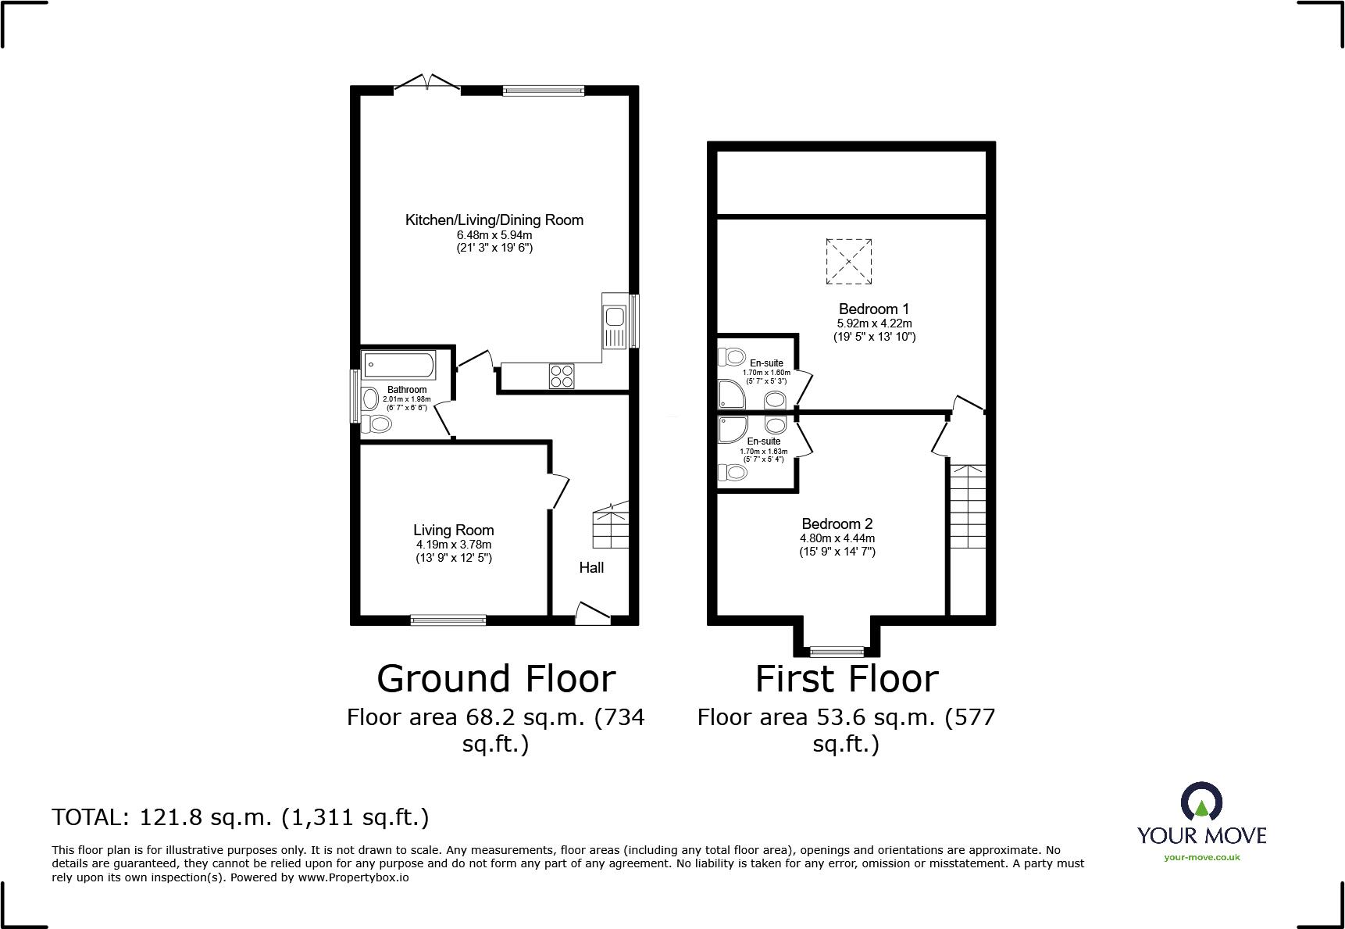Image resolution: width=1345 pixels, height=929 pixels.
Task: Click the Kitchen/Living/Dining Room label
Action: (x=494, y=220)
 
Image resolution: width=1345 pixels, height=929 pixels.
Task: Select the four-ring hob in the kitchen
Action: (x=561, y=376)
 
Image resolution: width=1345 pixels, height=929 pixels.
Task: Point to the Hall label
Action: (x=591, y=568)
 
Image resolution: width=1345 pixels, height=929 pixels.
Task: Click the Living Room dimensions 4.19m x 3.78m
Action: (x=454, y=545)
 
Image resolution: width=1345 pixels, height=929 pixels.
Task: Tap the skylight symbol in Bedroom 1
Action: (x=848, y=262)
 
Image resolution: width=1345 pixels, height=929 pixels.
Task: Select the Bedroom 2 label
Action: (x=837, y=524)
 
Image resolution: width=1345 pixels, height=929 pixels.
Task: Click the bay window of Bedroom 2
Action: (x=837, y=649)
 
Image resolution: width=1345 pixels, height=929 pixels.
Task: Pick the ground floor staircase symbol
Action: (x=612, y=525)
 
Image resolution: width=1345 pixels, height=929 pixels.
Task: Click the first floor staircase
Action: (x=967, y=508)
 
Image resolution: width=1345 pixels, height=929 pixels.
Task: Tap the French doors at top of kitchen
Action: (x=426, y=83)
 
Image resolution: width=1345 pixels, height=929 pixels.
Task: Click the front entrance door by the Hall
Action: (x=593, y=614)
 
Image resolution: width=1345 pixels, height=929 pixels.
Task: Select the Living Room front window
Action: (x=448, y=620)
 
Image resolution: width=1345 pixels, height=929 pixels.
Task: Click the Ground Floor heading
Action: (x=496, y=679)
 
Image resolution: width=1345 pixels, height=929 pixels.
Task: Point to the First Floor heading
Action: (x=847, y=679)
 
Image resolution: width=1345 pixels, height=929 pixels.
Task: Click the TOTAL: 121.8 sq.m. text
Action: (x=241, y=817)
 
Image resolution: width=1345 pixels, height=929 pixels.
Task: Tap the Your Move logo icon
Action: (x=1201, y=803)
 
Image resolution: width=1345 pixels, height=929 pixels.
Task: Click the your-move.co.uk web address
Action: (x=1201, y=857)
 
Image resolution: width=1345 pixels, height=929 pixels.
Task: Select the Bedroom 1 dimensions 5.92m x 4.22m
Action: (x=874, y=323)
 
